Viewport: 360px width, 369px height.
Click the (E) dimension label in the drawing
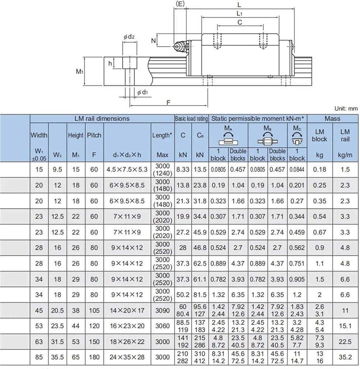click(180, 4)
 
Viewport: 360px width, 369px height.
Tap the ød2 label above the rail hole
click(129, 37)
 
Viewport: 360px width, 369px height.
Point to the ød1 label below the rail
click(143, 92)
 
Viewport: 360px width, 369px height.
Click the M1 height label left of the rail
click(80, 71)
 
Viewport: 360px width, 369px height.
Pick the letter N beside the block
click(153, 41)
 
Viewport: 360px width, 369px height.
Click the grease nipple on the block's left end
click(177, 46)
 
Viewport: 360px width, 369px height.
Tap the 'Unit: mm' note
click(346, 108)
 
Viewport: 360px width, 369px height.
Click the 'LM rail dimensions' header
click(102, 118)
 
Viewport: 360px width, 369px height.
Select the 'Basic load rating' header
click(191, 118)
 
